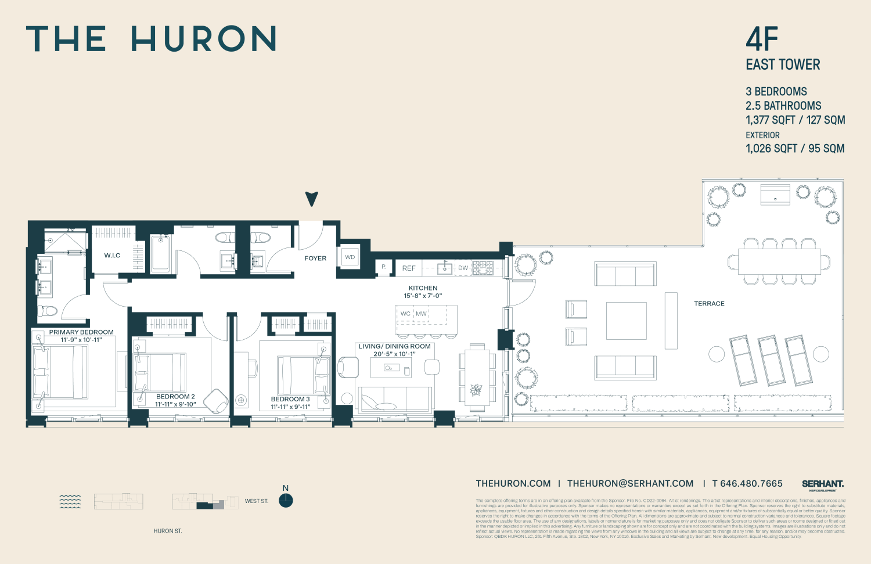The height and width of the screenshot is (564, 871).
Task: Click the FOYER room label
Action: [x=315, y=258]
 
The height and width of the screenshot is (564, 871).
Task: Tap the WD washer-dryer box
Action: [x=350, y=257]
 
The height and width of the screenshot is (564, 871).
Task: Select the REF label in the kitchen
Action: [x=409, y=268]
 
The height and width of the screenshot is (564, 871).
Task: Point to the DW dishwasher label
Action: [x=463, y=268]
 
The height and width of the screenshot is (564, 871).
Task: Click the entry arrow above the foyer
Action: [x=312, y=199]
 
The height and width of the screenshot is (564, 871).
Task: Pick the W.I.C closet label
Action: [x=112, y=256]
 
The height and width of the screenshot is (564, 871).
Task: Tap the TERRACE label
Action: [x=709, y=304]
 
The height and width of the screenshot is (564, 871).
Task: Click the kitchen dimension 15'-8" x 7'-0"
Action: [x=423, y=296]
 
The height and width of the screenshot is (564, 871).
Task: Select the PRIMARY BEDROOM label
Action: [x=81, y=332]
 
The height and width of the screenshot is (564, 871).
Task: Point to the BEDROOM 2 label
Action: [x=175, y=397]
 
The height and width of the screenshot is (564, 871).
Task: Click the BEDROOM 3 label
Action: [x=290, y=399]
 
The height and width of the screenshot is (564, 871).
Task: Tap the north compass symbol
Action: [x=286, y=500]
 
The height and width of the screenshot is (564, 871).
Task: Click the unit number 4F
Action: [x=762, y=39]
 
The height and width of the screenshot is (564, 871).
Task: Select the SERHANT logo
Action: [x=823, y=484]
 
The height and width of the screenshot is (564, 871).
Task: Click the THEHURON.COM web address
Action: [x=513, y=483]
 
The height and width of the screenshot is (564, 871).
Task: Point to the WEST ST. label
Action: [x=257, y=501]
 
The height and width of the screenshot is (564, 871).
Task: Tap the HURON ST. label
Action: [x=168, y=531]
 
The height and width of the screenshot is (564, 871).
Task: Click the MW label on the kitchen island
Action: [x=421, y=314]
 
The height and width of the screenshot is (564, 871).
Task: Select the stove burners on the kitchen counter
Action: [x=483, y=268]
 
